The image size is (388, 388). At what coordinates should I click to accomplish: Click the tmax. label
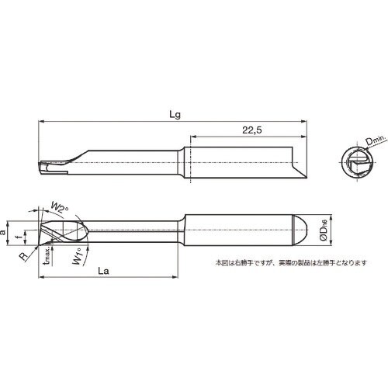pos(46,257)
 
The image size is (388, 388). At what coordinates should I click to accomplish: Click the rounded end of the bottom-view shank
pos(306,230)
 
